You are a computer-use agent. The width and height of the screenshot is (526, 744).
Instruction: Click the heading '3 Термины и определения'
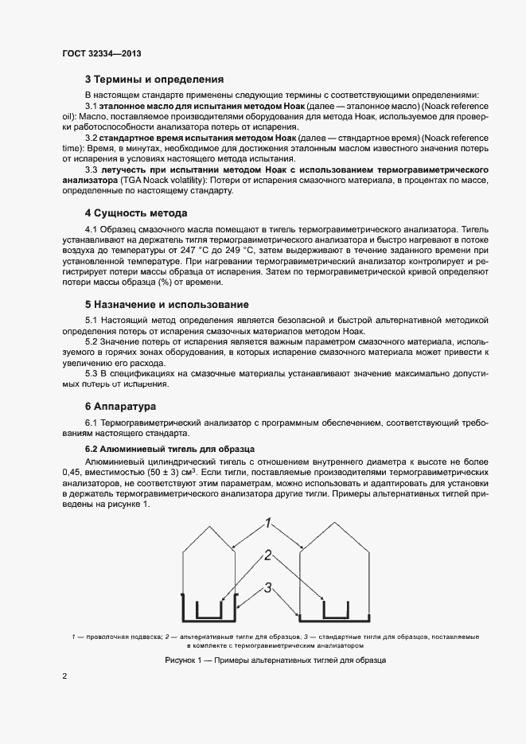point(154,80)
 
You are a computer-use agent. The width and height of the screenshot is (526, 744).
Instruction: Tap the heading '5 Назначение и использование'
point(167,305)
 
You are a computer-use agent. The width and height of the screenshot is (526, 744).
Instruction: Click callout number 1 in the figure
point(269,524)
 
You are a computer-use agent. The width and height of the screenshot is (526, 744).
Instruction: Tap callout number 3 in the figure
point(269,587)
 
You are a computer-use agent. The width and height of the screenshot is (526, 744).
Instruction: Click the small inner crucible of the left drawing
point(209,610)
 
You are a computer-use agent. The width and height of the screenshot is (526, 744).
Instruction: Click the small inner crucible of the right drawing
point(336,610)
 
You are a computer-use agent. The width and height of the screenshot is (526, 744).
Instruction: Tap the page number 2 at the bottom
point(64,676)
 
